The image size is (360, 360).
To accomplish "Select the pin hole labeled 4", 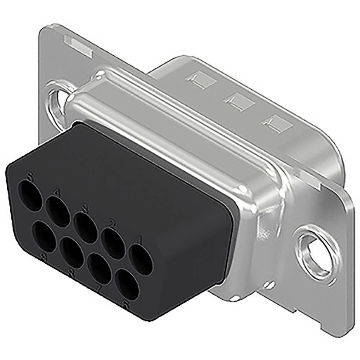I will click(58, 211).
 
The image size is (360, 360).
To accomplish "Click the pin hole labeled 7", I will click(99, 269).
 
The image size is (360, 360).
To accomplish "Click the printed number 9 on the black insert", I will click(44, 256).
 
